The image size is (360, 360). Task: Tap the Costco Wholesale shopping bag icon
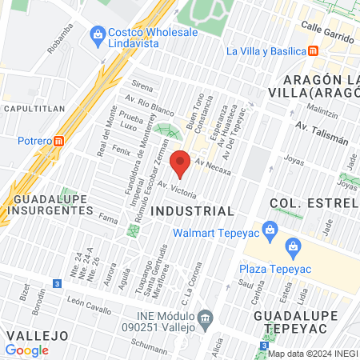pos(98,34)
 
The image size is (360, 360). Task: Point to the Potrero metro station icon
pos(59,141)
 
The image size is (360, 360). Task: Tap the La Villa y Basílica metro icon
pos(314,51)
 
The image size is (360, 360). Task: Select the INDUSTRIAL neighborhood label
pos(192,210)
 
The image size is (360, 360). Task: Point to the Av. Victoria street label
pos(177,190)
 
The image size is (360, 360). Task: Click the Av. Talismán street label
pos(322,133)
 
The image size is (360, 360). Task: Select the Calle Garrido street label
pos(328,26)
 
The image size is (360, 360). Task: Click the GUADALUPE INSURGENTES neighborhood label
pos(54,204)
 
